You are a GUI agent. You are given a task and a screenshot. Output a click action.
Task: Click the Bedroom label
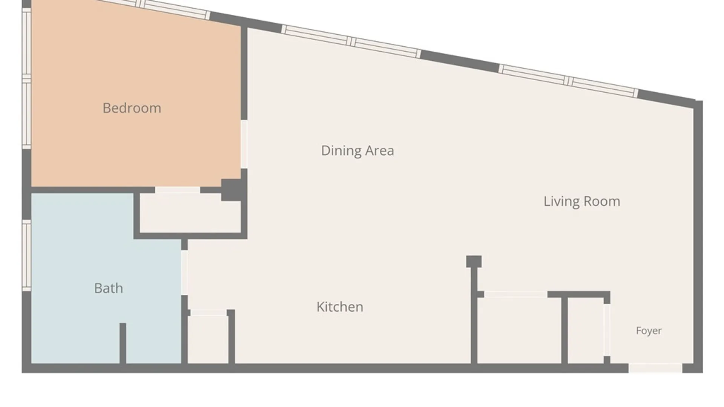(x=132, y=108)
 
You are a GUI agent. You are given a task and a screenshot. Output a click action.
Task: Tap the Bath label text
(x=108, y=288)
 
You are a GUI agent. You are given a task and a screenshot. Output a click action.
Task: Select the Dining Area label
(x=357, y=151)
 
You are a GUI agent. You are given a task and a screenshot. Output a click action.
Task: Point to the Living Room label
(x=582, y=201)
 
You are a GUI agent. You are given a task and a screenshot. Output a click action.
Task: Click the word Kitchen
(x=340, y=307)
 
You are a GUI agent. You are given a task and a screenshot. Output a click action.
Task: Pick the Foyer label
(x=649, y=331)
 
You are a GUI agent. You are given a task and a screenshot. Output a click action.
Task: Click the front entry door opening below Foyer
(x=655, y=368)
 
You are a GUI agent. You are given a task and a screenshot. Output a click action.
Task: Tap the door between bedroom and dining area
(x=244, y=144)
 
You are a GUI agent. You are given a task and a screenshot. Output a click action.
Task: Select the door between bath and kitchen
(x=184, y=272)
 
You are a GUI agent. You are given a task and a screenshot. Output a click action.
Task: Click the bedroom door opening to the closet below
(x=177, y=190)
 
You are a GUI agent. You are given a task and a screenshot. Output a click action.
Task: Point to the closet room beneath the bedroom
(x=190, y=213)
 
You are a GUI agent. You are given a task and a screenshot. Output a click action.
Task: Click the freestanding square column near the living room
(x=474, y=262)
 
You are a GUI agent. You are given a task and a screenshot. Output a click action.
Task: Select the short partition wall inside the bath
(x=123, y=343)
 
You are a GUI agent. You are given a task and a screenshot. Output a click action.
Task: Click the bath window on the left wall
(x=26, y=256)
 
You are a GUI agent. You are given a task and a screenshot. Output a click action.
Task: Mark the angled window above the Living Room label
(x=569, y=81)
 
